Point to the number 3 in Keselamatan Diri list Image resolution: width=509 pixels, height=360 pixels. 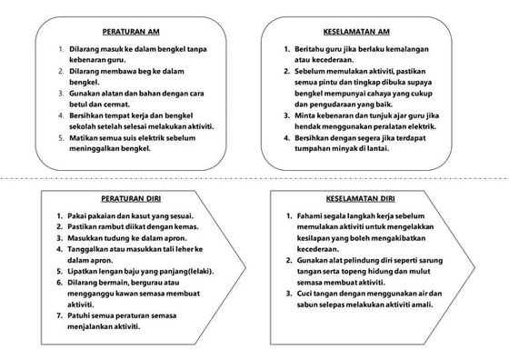point(285,293)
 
